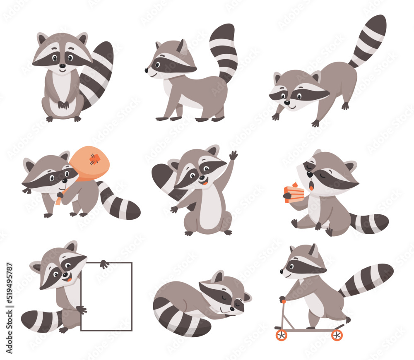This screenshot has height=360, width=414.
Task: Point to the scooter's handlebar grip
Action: tap(282, 299)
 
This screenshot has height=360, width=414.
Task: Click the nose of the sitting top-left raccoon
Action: tap(62, 66)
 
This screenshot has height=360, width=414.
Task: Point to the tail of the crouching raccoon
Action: tap(366, 39)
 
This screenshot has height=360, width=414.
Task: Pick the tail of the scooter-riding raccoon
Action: tap(366, 279)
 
